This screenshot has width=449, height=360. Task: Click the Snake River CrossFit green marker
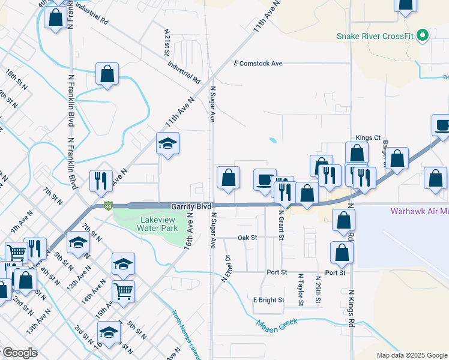(423, 35)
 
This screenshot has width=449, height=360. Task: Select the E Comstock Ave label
(258, 63)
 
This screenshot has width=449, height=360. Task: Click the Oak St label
(247, 238)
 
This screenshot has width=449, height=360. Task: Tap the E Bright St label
(268, 299)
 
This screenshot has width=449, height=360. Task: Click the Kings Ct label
(368, 137)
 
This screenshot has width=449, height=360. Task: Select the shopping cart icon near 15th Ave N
(123, 292)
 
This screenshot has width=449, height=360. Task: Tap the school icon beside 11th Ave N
(168, 143)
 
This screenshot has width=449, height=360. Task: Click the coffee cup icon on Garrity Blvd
(265, 180)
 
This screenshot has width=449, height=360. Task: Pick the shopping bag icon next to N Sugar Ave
(228, 178)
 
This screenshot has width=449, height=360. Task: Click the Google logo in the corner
(19, 353)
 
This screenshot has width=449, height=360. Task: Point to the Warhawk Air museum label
(419, 211)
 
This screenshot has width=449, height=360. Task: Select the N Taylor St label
(301, 289)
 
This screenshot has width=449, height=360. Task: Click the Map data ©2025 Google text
(411, 355)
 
